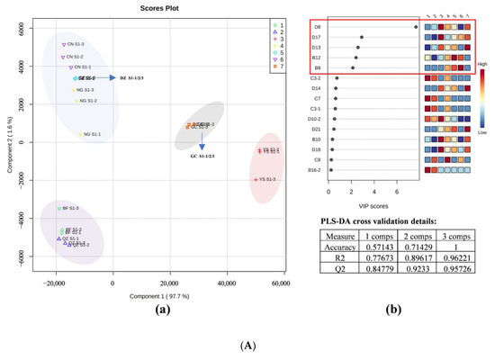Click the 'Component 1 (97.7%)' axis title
(154, 293)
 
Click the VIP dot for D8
(415, 26)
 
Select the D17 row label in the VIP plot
(317, 37)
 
